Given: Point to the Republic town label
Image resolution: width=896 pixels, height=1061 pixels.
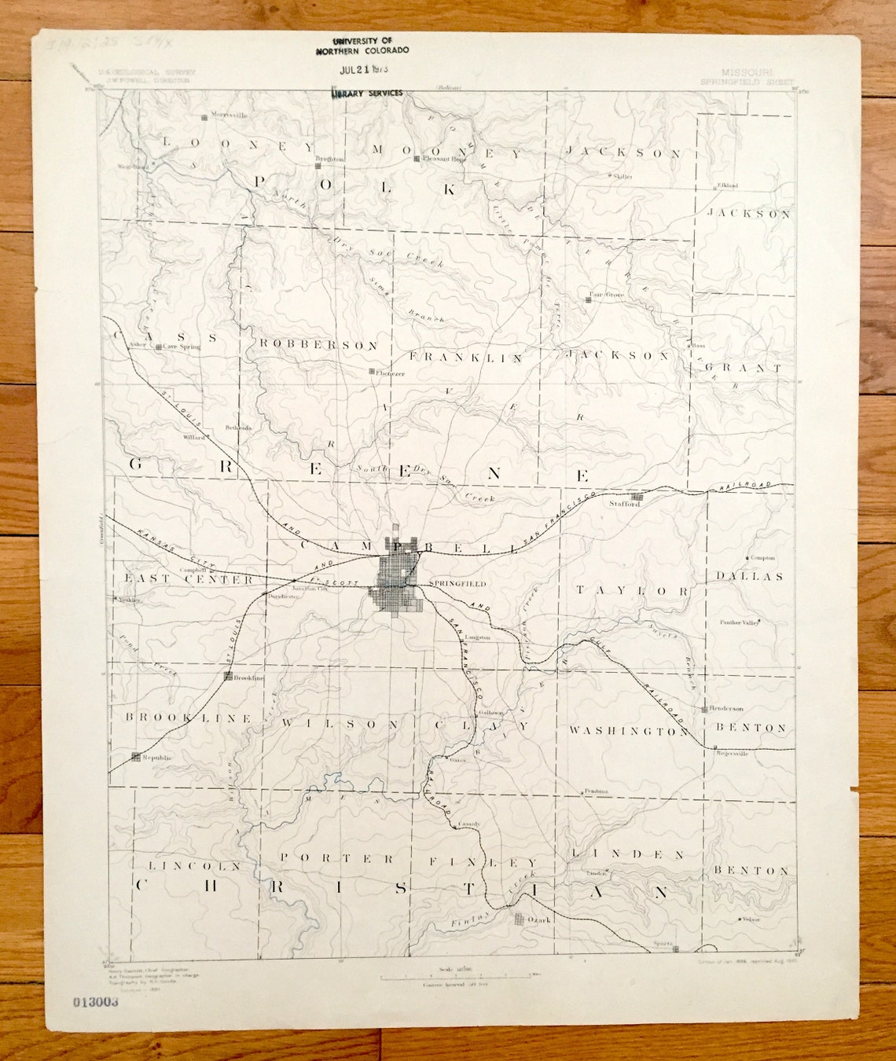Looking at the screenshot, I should (x=157, y=758).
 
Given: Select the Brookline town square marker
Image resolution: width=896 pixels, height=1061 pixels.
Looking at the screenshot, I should (x=228, y=676).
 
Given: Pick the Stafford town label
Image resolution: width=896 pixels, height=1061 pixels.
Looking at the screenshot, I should (x=625, y=504).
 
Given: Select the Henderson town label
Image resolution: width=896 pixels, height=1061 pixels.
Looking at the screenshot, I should (x=726, y=708).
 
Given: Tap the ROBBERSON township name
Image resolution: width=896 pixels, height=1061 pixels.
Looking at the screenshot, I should (x=319, y=345).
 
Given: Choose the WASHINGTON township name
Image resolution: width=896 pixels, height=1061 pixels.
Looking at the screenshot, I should (x=629, y=731).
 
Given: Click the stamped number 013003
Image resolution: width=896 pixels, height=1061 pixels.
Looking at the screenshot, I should (x=95, y=1001).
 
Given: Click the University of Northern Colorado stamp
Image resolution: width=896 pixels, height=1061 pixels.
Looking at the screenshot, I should (x=362, y=46).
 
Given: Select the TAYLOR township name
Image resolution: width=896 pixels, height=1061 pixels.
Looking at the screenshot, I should (x=633, y=590).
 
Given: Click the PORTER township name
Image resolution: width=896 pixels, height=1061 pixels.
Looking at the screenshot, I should (x=337, y=859).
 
